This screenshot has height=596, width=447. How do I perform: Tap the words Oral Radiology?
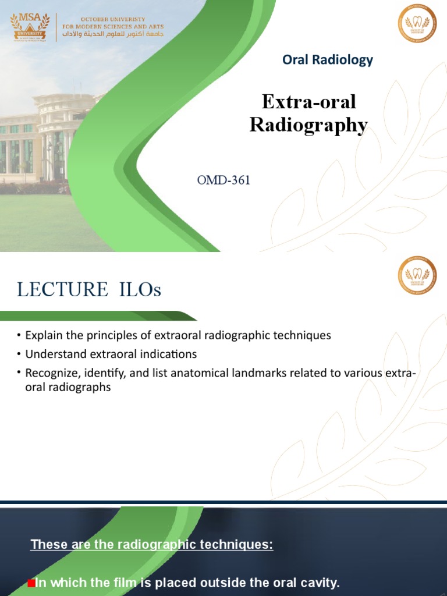point(327,59)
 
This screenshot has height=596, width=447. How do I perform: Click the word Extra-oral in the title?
point(308,102)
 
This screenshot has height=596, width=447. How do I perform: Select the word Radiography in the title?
point(308,125)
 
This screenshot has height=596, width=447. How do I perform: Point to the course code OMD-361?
point(223,180)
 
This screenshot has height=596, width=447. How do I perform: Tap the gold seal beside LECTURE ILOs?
point(417,276)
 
